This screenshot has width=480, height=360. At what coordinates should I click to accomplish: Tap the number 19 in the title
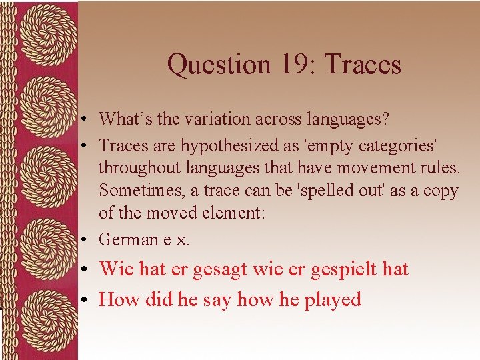[x=289, y=65]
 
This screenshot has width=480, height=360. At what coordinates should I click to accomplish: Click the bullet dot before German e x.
[x=87, y=239]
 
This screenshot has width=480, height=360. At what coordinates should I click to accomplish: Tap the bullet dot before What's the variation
[x=87, y=120]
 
